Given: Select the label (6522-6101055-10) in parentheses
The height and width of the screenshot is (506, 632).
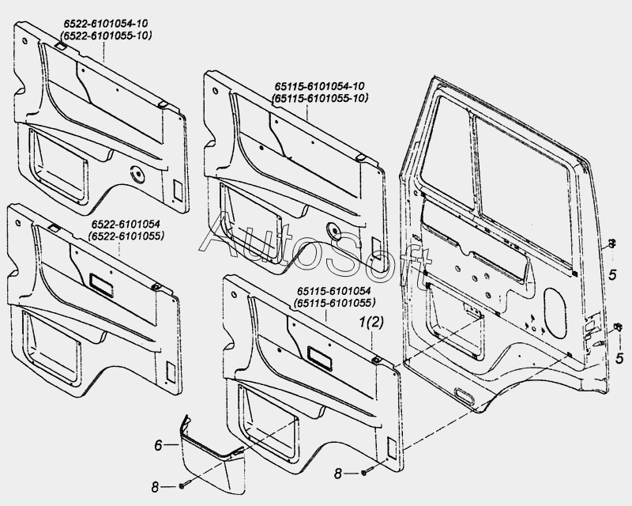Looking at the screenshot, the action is pos(107,36).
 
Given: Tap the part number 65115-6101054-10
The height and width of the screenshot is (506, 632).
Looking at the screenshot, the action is pos(319,85).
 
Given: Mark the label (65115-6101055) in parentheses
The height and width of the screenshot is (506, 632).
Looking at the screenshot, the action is pos(335,303).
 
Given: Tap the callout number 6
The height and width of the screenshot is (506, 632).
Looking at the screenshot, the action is pos(158,446).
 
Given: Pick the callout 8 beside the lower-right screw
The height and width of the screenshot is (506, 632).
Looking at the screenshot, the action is pos(339,474).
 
